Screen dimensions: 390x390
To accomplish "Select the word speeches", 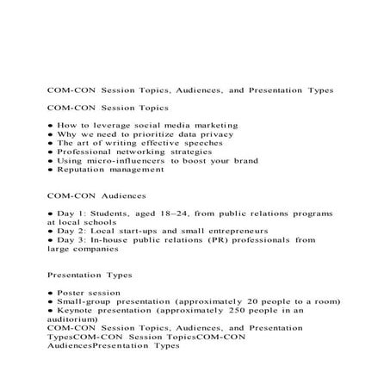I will point(203,147).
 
